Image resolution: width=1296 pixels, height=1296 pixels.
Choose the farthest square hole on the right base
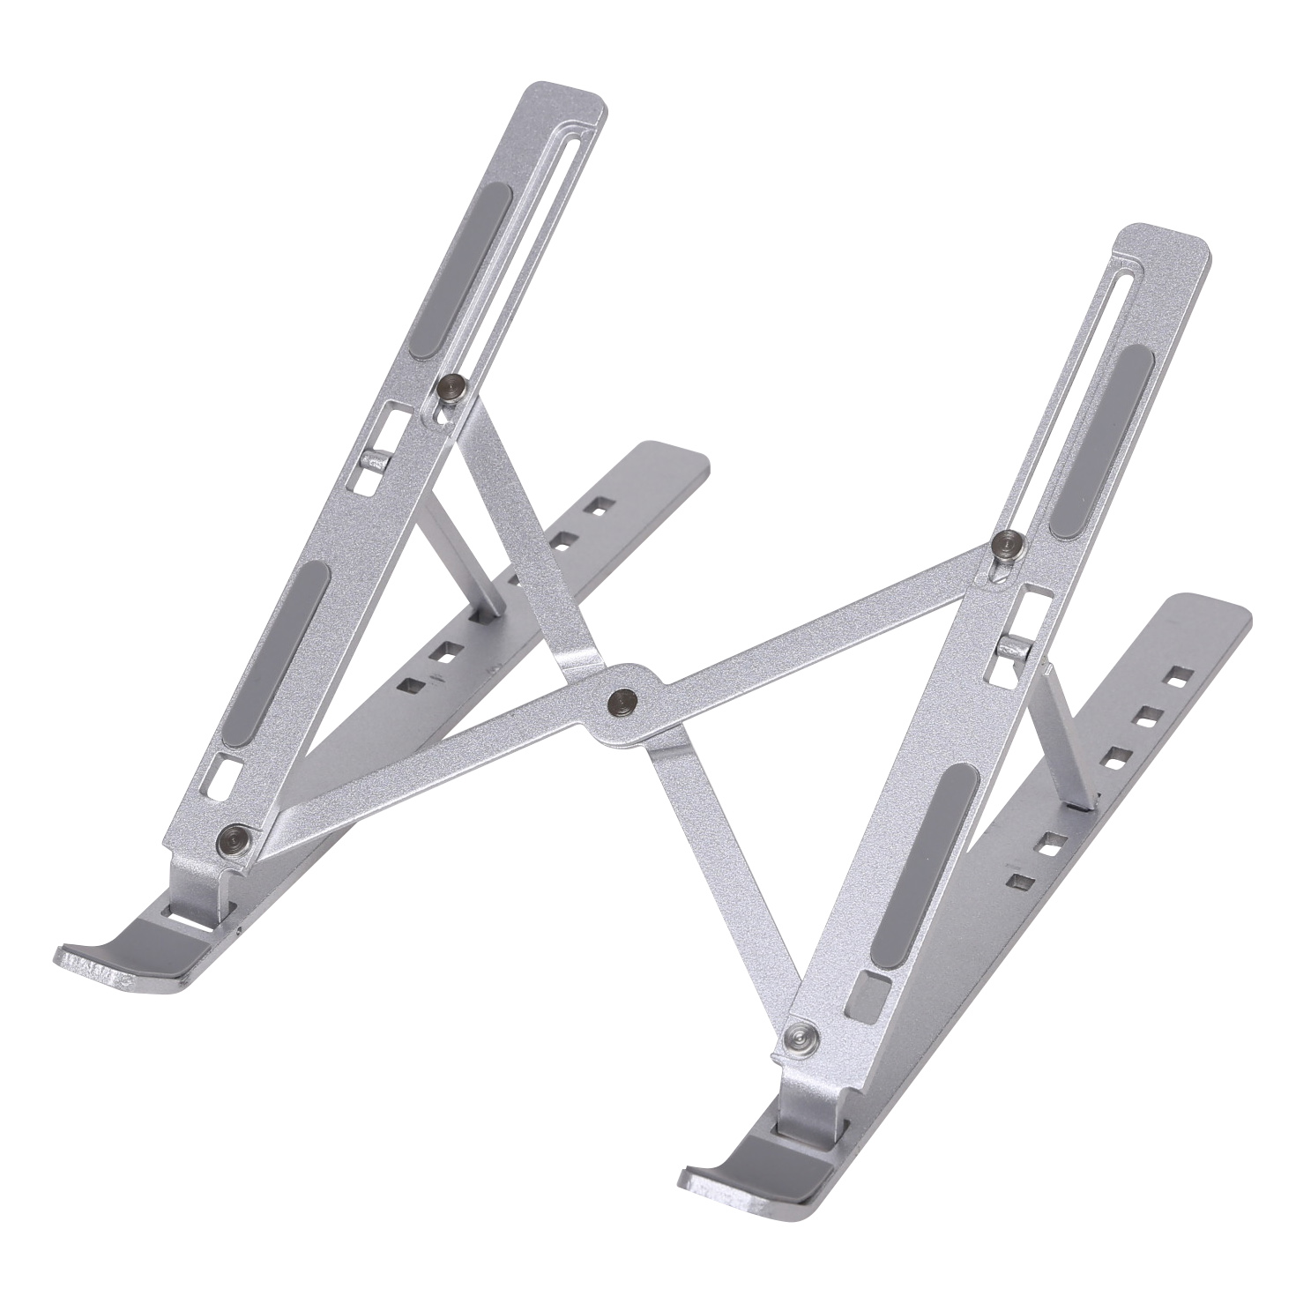coord(1175,678)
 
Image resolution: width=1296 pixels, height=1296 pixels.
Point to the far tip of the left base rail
coord(688,460)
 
